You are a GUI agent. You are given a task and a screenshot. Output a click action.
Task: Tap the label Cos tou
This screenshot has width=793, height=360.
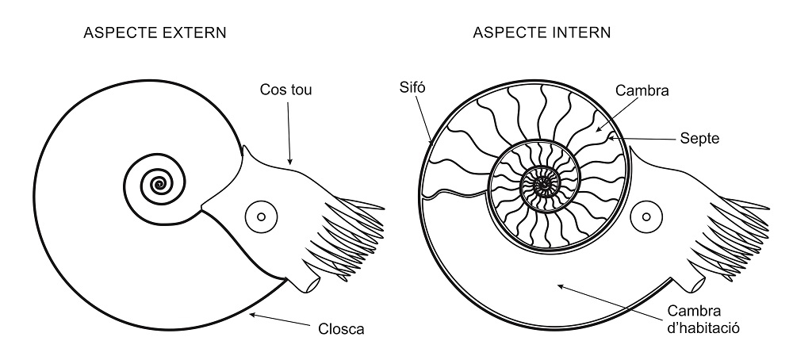tap(286, 90)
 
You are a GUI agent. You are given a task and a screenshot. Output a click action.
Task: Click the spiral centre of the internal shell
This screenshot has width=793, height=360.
tap(544, 186)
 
